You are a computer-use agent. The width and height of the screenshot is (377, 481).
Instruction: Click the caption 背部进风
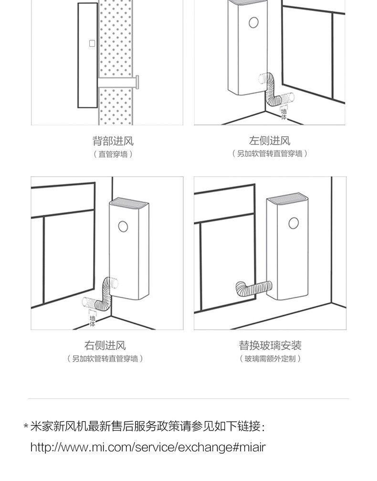113,141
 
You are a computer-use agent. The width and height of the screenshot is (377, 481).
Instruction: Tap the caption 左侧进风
270,141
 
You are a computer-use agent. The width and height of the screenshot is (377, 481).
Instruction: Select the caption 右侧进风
105,345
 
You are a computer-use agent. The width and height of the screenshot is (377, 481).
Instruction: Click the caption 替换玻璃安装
270,345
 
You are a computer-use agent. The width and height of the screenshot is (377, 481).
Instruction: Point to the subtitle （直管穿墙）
113,154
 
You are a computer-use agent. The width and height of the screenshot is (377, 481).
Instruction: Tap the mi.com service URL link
147,448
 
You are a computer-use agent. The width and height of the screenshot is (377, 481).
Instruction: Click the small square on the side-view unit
92,43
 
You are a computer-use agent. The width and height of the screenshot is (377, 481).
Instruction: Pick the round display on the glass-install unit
294,222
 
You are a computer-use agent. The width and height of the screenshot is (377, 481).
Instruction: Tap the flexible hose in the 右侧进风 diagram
101,295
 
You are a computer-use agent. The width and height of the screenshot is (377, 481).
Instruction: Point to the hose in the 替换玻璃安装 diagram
253,288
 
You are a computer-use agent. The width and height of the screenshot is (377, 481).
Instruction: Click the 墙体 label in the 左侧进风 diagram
284,114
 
